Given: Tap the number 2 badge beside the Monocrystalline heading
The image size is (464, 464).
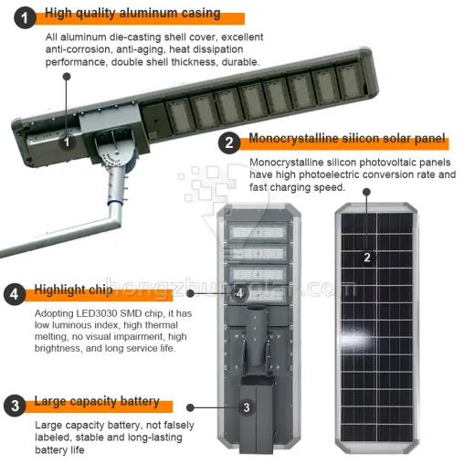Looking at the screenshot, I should pos(229,141).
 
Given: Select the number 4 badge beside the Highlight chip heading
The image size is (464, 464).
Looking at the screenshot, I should pos(13,293).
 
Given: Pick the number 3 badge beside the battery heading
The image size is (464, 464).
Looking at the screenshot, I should pos(13,405).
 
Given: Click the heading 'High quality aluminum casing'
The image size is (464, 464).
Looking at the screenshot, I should pos(132,14).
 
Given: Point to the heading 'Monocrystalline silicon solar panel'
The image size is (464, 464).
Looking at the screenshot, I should pos(347,140).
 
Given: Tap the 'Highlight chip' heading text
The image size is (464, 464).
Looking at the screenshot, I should pos(74,290).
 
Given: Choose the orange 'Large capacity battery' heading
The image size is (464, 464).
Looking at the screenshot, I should pos(97,402).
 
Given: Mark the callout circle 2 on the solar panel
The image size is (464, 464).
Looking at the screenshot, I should pos(367,257).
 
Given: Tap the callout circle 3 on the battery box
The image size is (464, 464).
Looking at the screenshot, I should pos(246,408).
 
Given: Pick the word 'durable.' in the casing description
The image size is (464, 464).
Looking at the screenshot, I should pos(239,62).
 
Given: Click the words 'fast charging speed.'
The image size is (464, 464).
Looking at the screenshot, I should pos(297,187).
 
